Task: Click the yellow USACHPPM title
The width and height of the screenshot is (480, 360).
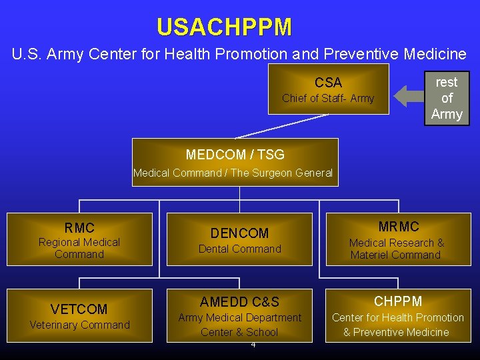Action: (x=224, y=27)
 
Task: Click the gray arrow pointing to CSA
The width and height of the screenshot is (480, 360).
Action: (x=407, y=96)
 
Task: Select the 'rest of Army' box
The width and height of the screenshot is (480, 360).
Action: (x=446, y=98)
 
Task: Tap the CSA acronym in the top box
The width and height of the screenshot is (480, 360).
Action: (x=328, y=83)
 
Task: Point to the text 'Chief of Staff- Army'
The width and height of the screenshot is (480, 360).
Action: (x=328, y=99)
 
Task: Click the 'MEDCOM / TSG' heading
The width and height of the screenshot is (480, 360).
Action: (x=235, y=155)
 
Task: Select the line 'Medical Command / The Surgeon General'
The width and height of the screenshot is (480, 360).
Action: (x=233, y=173)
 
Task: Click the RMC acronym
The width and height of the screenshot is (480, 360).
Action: (x=79, y=228)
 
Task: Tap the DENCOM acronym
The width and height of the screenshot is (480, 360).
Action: (x=239, y=233)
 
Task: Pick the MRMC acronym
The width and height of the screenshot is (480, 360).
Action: (x=398, y=227)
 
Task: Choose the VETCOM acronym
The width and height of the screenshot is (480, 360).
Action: (x=79, y=309)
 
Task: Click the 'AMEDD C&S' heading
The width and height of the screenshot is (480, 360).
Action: (x=239, y=302)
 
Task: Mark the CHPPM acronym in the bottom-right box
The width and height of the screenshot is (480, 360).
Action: (x=397, y=301)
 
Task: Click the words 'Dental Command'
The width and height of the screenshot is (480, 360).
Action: (x=239, y=249)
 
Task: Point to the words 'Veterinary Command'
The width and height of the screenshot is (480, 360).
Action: (x=79, y=325)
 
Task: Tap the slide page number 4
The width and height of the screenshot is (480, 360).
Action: (x=253, y=345)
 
